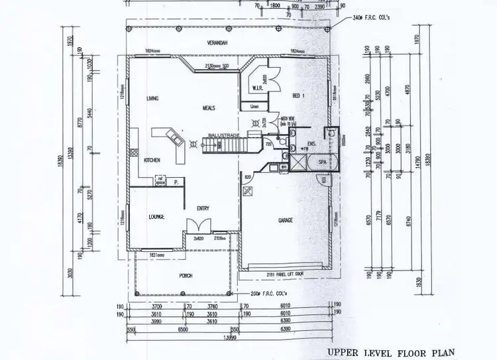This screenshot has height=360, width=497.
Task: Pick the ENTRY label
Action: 203,209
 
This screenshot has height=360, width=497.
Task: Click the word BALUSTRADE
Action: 223,134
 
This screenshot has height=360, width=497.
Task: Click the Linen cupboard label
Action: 253,107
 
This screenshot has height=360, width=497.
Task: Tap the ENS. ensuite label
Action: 311,144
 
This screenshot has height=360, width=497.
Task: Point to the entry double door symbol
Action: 201,225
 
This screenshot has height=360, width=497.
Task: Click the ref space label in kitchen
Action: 160,179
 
